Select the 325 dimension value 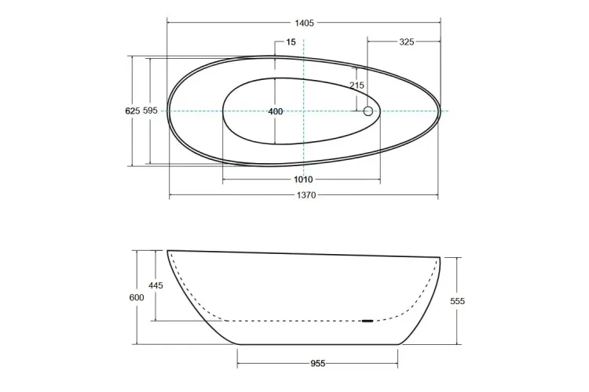point(406,42)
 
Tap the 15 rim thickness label point(291,42)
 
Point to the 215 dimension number point(357,85)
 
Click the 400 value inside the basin point(275,111)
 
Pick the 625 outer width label point(133,111)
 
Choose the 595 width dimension point(151,111)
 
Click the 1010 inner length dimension point(303,180)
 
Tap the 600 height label point(137,298)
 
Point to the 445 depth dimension point(155,286)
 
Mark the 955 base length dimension point(317,363)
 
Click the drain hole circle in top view point(368,111)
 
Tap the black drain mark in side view point(368,321)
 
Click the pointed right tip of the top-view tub point(440,111)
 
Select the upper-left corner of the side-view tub point(168,251)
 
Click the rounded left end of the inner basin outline point(224,111)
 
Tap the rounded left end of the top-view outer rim point(168,111)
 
